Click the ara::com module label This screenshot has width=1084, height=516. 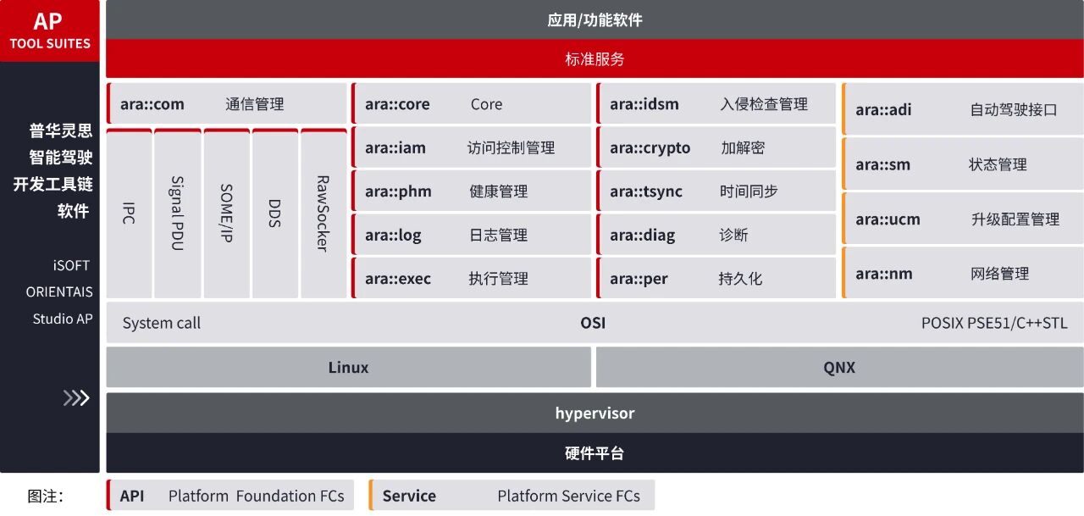tap(152, 104)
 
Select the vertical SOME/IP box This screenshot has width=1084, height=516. tap(226, 214)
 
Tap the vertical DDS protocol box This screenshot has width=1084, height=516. tap(274, 214)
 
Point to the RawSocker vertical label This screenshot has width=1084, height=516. tap(323, 214)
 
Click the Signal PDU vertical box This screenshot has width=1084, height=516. tap(177, 214)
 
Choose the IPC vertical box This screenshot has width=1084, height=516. tap(129, 214)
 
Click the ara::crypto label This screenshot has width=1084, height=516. tap(650, 147)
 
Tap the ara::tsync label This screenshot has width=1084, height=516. tap(645, 191)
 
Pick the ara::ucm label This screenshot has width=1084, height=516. tap(888, 219)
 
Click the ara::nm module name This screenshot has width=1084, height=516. tap(883, 274)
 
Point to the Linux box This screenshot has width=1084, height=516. tap(348, 367)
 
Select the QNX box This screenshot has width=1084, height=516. tap(839, 367)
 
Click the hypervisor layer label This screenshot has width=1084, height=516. tap(595, 413)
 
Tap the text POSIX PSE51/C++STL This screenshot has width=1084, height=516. tap(994, 323)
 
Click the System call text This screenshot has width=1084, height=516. tap(162, 323)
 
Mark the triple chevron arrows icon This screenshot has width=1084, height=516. tap(76, 397)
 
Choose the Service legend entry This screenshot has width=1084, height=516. tap(409, 496)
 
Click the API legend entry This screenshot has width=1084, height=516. tap(132, 496)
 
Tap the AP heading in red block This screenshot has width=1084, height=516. tap(48, 21)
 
